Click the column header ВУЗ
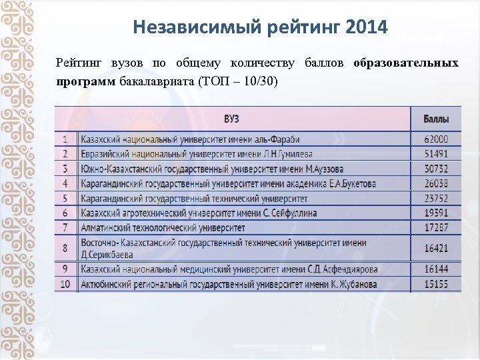point(231,119)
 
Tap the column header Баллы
point(436,119)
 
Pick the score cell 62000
point(436,139)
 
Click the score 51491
point(436,153)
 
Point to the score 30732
point(436,169)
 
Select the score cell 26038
point(436,183)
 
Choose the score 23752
point(436,198)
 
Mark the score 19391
point(436,213)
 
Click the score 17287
point(436,227)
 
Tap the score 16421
point(436,248)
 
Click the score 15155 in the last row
point(436,284)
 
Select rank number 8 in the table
point(65,248)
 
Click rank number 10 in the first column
point(65,284)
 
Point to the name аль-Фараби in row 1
point(273,139)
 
